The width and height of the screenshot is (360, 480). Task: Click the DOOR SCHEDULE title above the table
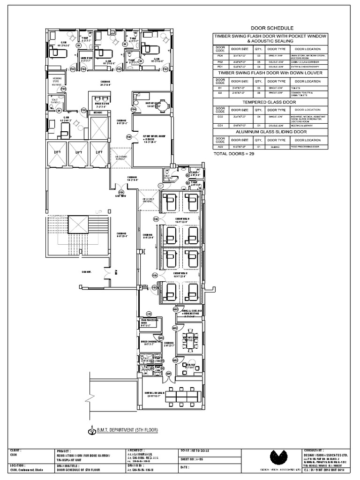(x=272, y=28)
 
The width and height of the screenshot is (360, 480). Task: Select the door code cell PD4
(x=220, y=56)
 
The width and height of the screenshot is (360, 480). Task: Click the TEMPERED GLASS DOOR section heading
(x=272, y=102)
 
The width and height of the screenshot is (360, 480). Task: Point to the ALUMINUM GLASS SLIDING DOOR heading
(x=272, y=133)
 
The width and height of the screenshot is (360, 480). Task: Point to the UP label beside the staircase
(x=98, y=212)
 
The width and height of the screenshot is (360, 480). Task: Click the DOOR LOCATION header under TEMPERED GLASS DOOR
(x=307, y=110)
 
